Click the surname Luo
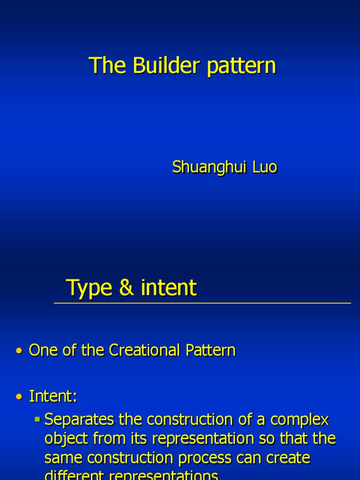pos(265,167)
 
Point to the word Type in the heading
pos(90,288)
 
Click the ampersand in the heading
pos(126,287)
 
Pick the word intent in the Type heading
pos(168,287)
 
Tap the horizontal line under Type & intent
pos(202,303)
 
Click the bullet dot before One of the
pos(19,351)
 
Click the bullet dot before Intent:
pos(19,397)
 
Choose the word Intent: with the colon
pos(53,397)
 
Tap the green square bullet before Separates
pos(37,418)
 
